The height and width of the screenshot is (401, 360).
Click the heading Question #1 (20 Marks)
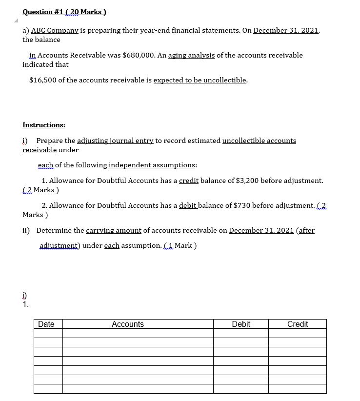click(64, 12)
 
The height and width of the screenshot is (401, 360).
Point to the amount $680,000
click(141, 55)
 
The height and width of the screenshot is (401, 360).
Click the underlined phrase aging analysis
click(191, 55)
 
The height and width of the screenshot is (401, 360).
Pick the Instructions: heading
click(44, 125)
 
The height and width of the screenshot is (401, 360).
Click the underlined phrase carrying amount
click(114, 230)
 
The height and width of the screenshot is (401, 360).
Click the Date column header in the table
click(46, 324)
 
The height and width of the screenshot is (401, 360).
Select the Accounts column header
click(128, 324)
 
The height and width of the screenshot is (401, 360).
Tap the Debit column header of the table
click(241, 324)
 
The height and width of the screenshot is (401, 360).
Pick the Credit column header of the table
click(298, 324)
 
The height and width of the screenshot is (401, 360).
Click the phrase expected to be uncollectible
click(200, 80)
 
